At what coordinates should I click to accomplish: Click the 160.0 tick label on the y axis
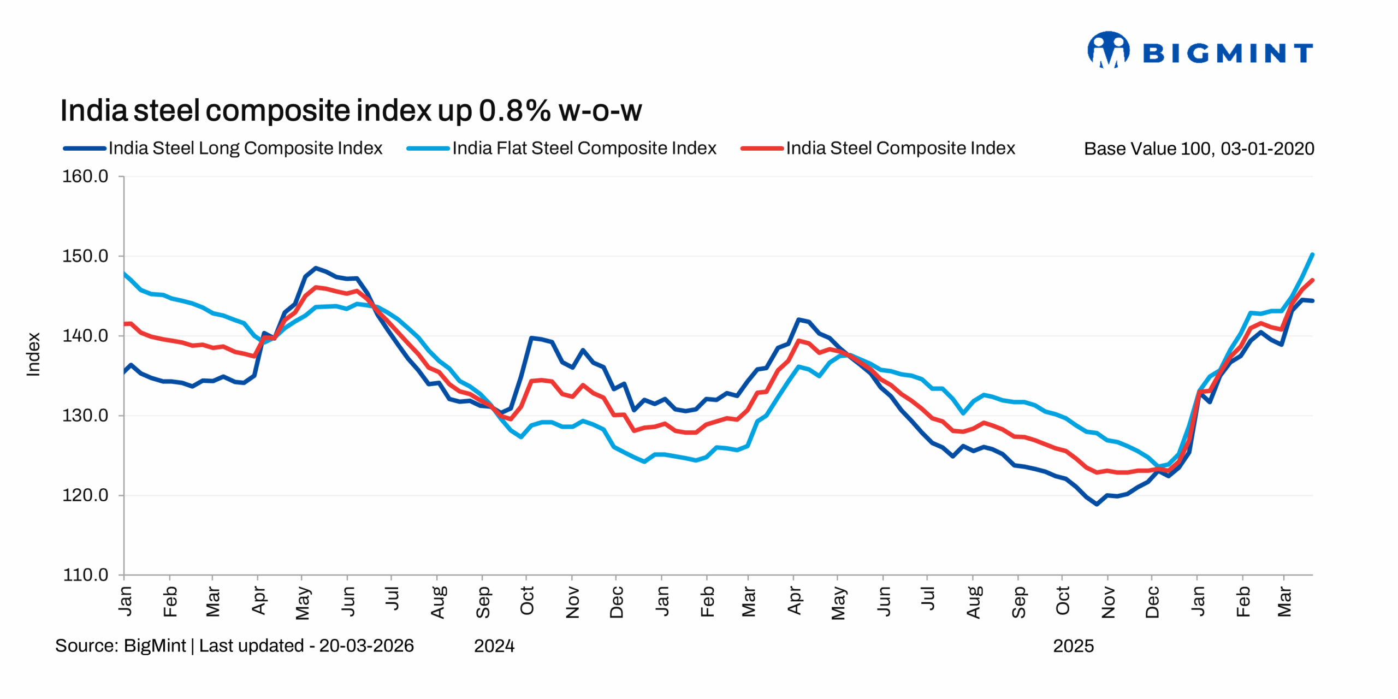[x=85, y=176]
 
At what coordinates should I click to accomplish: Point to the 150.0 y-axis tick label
[x=85, y=256]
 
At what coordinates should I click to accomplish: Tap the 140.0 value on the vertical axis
[x=85, y=336]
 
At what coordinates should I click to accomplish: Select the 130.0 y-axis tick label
[x=85, y=416]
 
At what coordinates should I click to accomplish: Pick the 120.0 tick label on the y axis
[x=85, y=495]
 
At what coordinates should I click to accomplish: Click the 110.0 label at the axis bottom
[x=85, y=575]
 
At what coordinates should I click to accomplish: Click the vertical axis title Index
[x=34, y=354]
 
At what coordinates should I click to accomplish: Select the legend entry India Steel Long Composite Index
[x=245, y=148]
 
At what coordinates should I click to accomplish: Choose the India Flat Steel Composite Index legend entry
[x=584, y=148]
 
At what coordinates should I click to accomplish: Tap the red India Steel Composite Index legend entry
[x=900, y=148]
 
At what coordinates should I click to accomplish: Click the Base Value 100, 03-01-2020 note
[x=1199, y=149]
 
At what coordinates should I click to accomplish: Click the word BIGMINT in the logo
[x=1228, y=53]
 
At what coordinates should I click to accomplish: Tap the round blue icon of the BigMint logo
[x=1108, y=50]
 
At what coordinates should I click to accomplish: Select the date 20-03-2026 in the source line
[x=366, y=645]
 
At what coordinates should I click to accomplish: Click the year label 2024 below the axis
[x=494, y=646]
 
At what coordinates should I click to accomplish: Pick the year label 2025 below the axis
[x=1073, y=646]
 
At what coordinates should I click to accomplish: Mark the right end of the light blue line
[x=1312, y=254]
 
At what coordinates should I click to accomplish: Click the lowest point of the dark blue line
[x=1097, y=504]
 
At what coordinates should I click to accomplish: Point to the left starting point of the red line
[x=125, y=324]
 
